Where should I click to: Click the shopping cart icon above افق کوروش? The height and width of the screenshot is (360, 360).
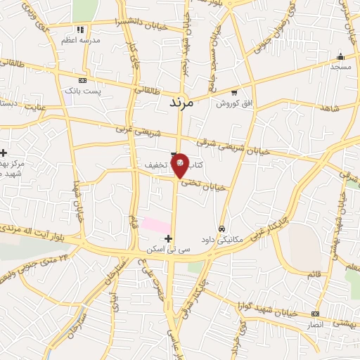234,93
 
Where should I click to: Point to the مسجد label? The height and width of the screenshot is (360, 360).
340,66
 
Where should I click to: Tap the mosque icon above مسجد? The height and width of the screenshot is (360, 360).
340,56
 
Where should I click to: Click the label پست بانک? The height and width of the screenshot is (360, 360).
83,91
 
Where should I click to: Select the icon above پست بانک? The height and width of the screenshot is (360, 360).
83,82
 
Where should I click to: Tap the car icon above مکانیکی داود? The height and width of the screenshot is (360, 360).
221,229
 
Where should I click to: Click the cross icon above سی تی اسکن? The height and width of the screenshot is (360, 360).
168,239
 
